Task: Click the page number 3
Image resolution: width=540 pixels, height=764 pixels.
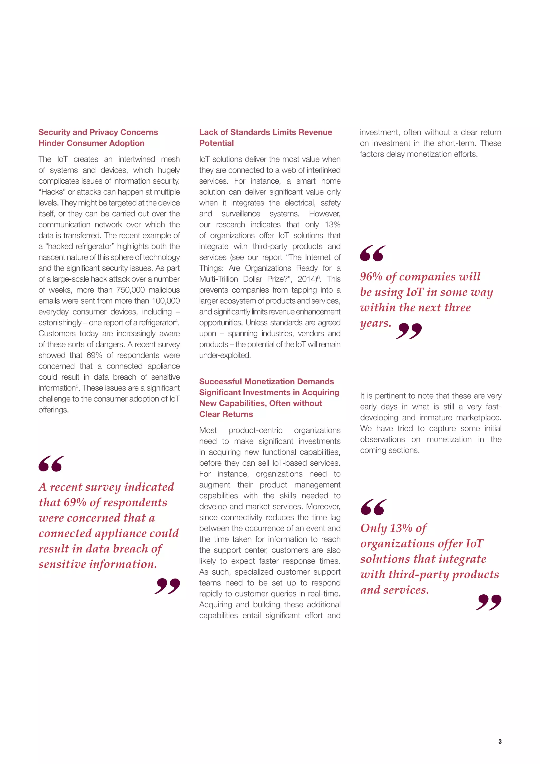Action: (x=500, y=741)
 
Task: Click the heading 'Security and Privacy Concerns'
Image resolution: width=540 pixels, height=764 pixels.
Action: (x=98, y=132)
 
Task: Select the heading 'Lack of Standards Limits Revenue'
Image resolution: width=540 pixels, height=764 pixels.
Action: (x=265, y=132)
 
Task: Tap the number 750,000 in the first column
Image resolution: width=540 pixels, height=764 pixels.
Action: (x=130, y=290)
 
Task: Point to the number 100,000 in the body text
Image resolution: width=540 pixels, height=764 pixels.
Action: (x=166, y=301)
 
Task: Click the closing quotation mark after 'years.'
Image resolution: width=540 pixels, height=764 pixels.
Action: (x=409, y=331)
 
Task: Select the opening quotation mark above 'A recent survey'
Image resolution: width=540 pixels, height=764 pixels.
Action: (x=51, y=464)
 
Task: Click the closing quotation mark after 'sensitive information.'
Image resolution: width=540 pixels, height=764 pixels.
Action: (x=167, y=586)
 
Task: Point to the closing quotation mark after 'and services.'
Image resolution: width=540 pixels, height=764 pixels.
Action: (x=489, y=602)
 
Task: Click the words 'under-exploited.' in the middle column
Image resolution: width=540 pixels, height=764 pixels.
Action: (x=225, y=355)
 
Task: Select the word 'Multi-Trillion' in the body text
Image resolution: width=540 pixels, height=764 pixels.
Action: (x=219, y=279)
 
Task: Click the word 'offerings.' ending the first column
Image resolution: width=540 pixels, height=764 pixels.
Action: (x=54, y=410)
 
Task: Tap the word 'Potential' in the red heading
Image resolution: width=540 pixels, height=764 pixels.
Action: (x=216, y=143)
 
